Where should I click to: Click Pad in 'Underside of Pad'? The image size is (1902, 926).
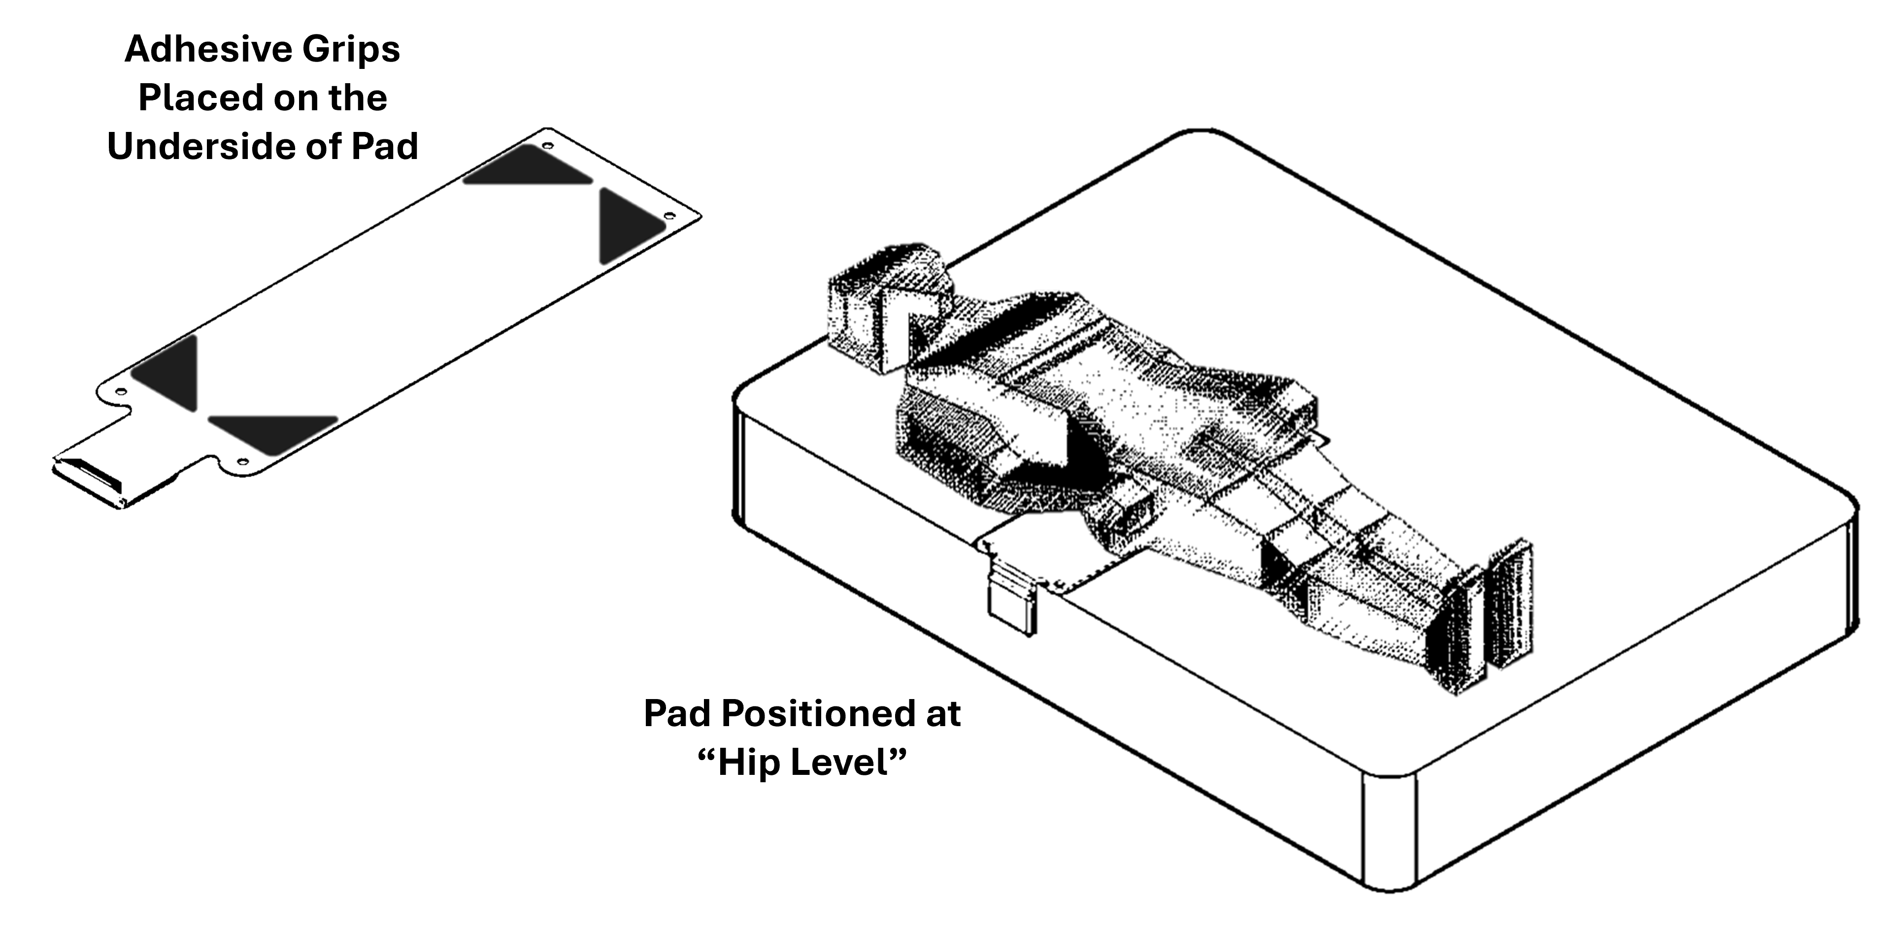384,146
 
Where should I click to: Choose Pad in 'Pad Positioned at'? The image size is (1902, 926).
676,713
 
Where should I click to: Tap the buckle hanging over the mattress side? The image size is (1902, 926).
1011,598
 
